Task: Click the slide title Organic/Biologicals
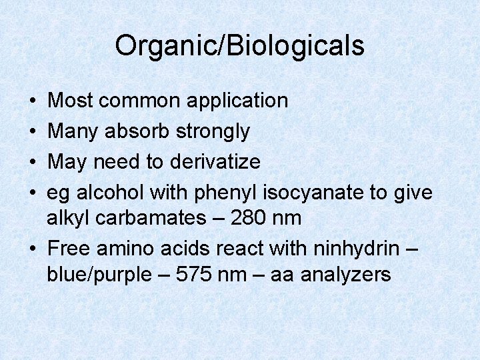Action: tap(239, 45)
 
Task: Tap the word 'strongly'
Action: tap(213, 132)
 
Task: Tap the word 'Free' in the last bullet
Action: tap(70, 248)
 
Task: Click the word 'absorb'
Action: tap(139, 131)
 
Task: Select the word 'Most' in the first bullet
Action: tap(71, 101)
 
